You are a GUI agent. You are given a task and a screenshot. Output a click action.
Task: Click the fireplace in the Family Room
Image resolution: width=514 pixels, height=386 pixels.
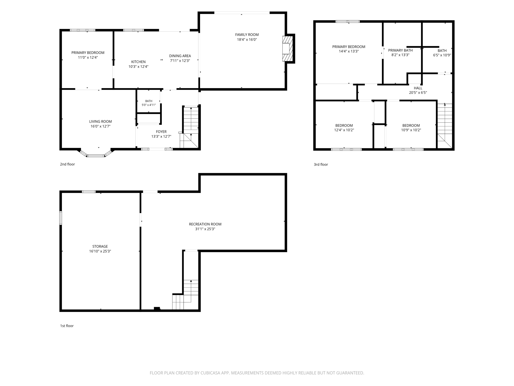[288, 49]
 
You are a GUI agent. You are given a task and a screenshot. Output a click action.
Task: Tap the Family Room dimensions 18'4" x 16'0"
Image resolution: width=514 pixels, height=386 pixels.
[247, 40]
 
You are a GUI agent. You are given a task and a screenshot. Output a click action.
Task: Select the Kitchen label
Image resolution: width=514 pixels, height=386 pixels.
[138, 62]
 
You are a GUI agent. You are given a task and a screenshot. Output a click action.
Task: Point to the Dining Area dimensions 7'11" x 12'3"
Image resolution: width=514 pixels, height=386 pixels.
[180, 61]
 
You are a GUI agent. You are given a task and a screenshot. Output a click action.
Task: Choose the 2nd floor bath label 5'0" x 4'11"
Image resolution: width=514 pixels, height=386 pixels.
[149, 105]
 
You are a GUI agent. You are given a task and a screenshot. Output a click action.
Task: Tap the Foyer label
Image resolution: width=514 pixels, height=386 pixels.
[161, 132]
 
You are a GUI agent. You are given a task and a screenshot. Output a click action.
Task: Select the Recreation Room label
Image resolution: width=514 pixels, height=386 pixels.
[205, 224]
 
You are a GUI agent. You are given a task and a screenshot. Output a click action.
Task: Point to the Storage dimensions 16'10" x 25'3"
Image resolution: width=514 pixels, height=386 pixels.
[100, 251]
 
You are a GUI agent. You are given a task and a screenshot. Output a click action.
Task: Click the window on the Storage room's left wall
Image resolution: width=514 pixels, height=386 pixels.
[61, 218]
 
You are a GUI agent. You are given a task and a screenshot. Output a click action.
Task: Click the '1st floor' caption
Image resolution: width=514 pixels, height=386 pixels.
[67, 326]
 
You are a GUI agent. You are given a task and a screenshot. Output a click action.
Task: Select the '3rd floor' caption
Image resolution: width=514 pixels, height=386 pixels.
[321, 165]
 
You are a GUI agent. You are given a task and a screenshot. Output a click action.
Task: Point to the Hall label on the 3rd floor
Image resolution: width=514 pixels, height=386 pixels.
[418, 88]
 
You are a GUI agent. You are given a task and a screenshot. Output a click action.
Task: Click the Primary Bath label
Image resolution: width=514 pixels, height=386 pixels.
[400, 50]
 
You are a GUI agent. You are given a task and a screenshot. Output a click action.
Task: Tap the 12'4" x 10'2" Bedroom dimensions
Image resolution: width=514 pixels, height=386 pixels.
[344, 130]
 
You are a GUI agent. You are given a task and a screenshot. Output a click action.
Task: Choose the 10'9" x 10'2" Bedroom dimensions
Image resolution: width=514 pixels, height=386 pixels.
[411, 130]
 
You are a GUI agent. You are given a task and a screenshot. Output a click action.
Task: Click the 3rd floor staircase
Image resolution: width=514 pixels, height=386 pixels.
[445, 126]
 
